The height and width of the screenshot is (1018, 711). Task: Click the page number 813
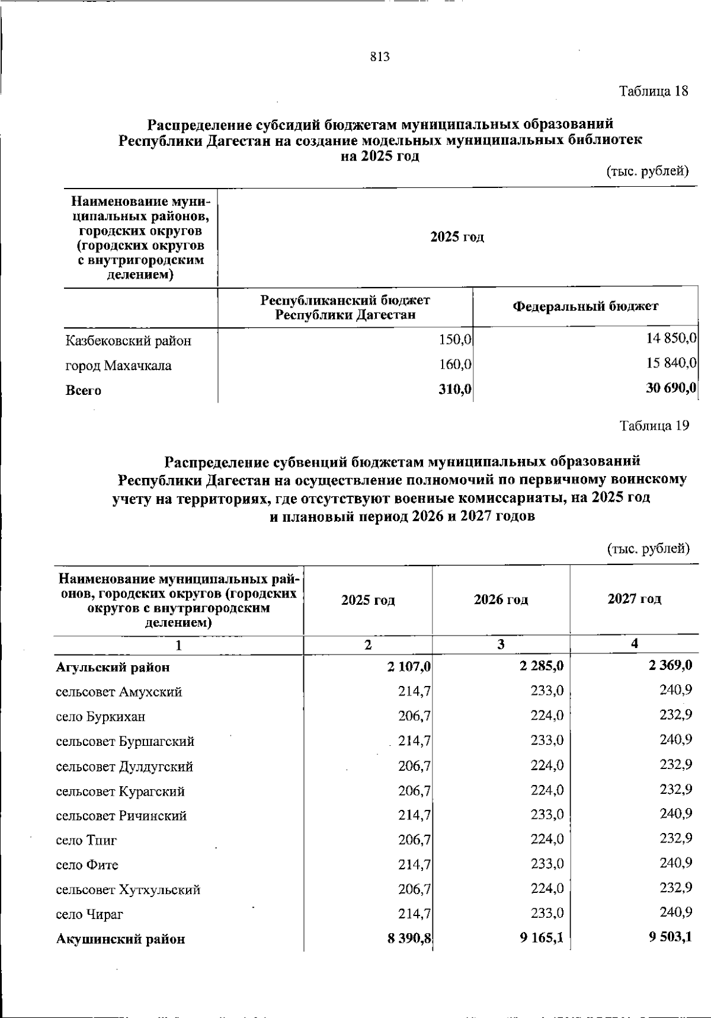click(380, 57)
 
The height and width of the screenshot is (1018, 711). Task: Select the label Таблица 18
click(654, 91)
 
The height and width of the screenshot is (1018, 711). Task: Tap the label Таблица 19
click(654, 426)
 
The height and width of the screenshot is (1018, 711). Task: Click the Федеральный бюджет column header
click(585, 307)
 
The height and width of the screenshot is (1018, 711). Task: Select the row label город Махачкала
click(118, 366)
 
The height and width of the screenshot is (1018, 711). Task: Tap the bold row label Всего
click(83, 391)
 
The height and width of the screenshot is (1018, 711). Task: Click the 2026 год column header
click(501, 599)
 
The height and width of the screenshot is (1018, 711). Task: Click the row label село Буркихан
click(101, 717)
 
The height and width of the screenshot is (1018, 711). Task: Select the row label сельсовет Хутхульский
click(128, 890)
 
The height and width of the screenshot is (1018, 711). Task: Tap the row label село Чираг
click(89, 915)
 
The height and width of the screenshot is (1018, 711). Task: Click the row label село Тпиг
click(87, 841)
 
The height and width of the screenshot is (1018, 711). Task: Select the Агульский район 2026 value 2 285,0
click(542, 666)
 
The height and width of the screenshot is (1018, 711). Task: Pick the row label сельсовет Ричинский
click(121, 816)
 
